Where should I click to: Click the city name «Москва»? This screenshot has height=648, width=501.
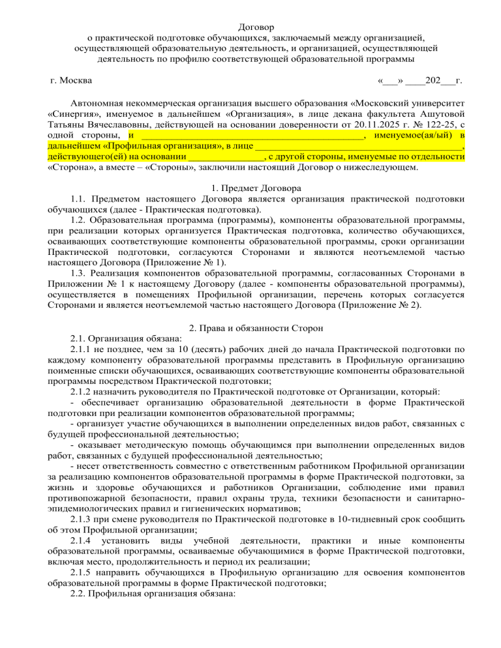pyautogui.click(x=76, y=80)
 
